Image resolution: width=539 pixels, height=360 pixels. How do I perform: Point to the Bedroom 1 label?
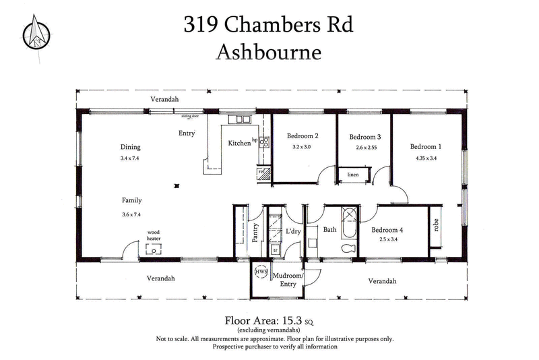click(x=426, y=147)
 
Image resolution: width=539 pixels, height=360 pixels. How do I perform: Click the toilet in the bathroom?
click(x=348, y=249)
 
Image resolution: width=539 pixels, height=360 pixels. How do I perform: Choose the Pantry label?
click(x=255, y=231)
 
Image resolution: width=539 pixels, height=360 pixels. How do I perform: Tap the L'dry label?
click(x=292, y=231)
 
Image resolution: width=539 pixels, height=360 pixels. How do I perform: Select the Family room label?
click(x=131, y=200)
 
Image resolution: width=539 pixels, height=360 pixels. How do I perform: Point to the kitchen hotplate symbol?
click(x=265, y=142)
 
